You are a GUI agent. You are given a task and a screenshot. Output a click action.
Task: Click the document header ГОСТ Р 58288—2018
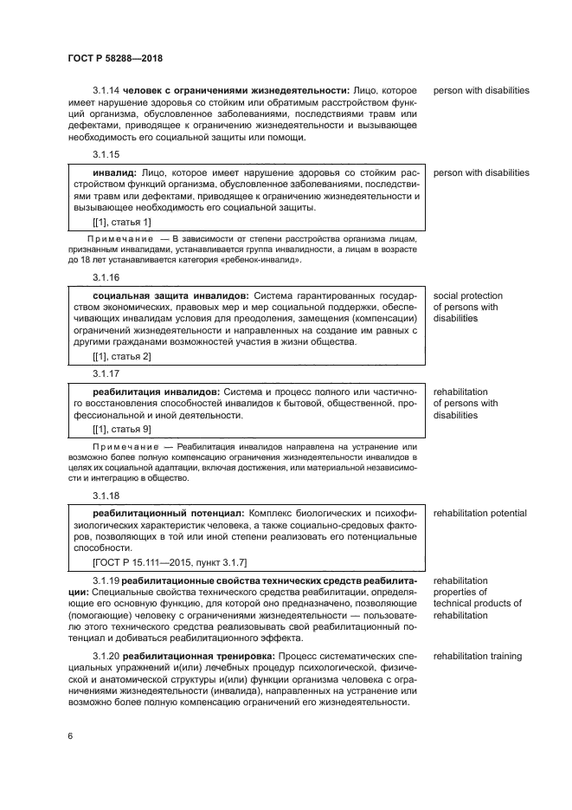[x=115, y=58]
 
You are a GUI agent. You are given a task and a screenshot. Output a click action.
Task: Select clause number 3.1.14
[x=106, y=91]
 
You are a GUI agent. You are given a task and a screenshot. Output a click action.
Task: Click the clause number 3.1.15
[x=106, y=154]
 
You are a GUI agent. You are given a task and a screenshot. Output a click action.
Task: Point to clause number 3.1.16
[x=106, y=277]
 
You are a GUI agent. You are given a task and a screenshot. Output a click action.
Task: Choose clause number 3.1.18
[x=106, y=496]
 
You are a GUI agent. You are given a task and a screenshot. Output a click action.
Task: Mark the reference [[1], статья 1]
[x=122, y=223]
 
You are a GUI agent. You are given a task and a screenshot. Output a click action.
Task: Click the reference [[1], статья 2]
[x=122, y=356]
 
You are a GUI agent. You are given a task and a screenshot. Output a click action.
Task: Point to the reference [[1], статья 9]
[x=122, y=429]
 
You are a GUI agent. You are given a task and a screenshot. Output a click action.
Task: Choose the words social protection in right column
[x=467, y=296]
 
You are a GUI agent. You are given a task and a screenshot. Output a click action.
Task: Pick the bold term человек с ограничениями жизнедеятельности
[x=235, y=91]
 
